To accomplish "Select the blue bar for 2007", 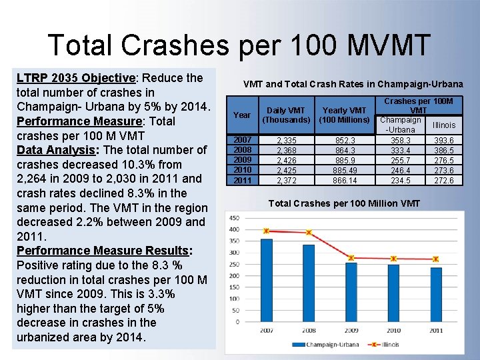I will click(266, 280).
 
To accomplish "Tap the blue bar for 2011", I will click(435, 294).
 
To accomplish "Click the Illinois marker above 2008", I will click(309, 233).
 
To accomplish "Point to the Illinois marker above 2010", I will click(393, 258).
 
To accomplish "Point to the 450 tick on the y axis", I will click(233, 218).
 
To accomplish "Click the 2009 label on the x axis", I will click(351, 331).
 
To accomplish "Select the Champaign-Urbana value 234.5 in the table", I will click(400, 181).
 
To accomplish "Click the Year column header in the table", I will click(242, 115).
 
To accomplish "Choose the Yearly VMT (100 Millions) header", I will click(343, 115).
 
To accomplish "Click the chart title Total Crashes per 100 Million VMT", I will click(343, 203).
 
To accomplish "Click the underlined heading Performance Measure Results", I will click(103, 251).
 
